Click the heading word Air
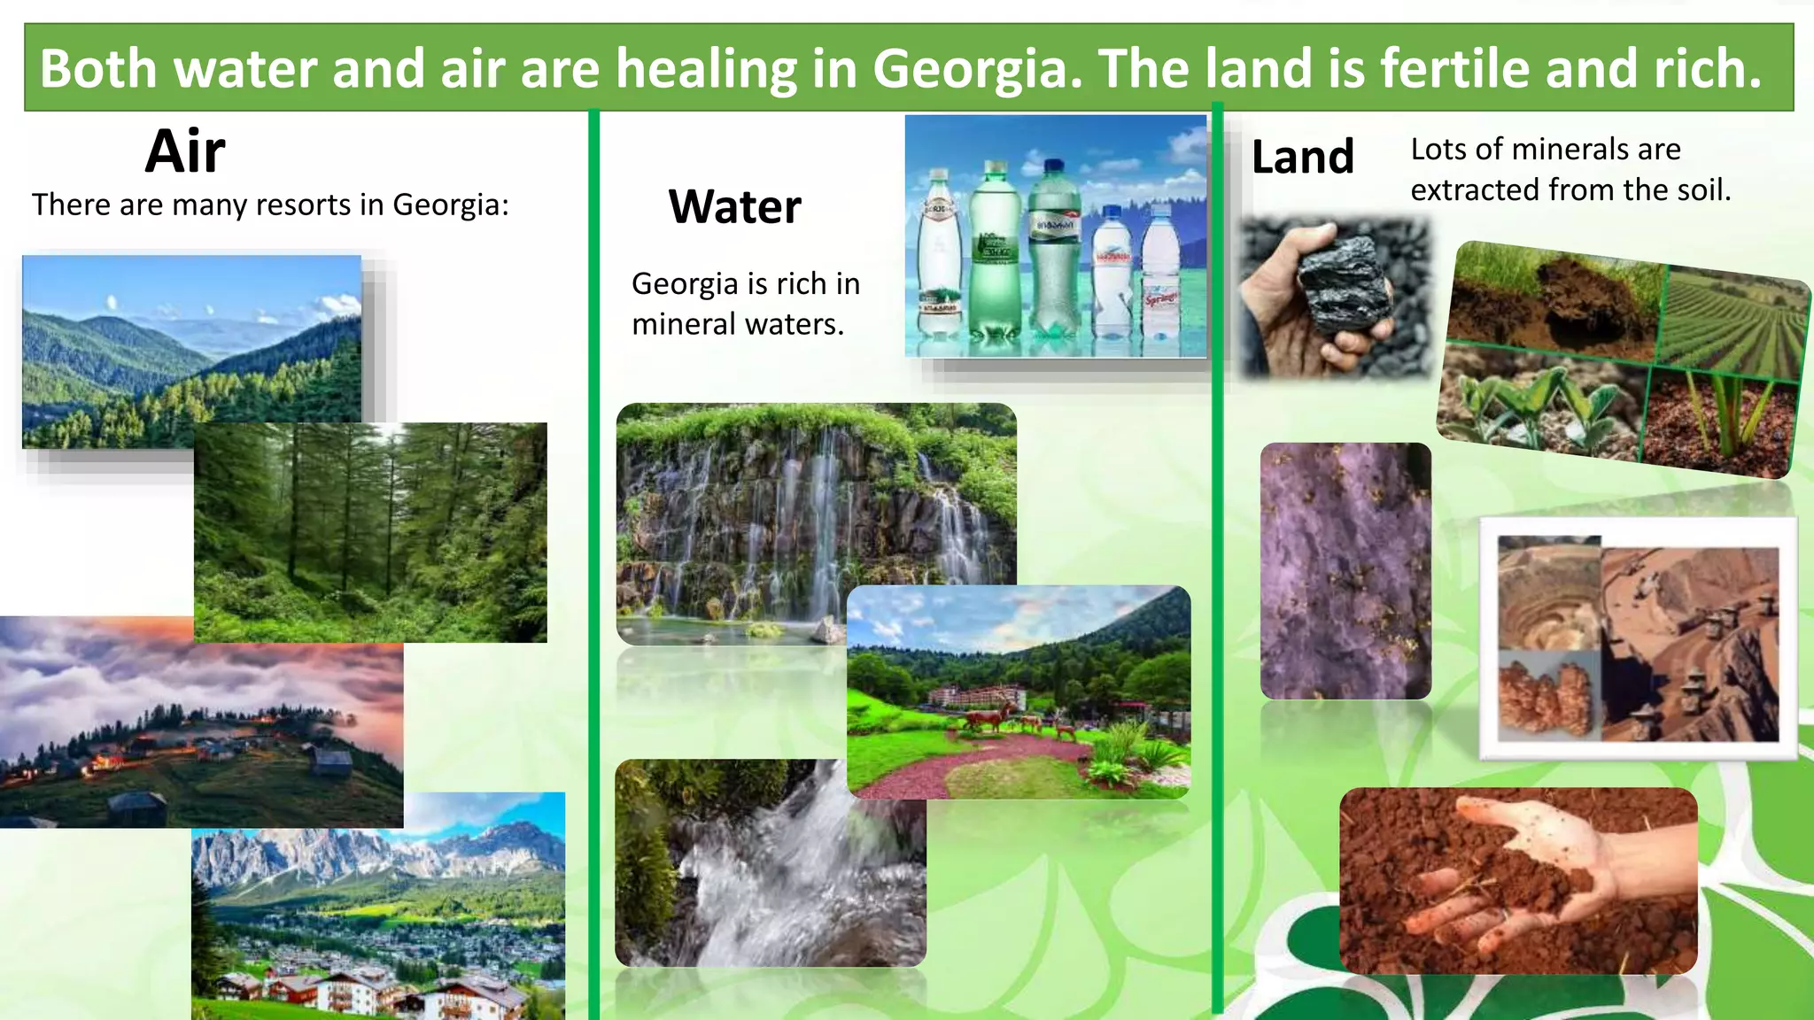[185, 151]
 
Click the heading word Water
[734, 207]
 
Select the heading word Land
[1302, 158]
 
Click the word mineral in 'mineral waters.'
[685, 324]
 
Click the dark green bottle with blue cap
[1053, 248]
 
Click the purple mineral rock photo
[1345, 571]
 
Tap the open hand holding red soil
[1523, 877]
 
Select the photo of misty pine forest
[370, 531]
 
